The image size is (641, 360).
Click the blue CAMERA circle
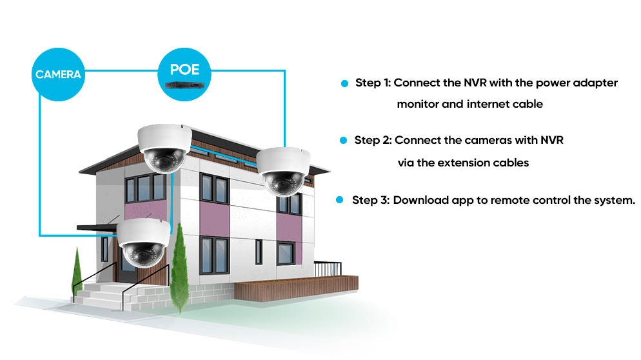click(58, 74)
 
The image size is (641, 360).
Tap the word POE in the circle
click(184, 70)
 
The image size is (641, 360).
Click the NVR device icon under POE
click(184, 85)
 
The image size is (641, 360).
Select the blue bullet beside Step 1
click(344, 83)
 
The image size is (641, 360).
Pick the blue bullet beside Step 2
click(343, 140)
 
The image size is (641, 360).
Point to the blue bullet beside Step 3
click(339, 199)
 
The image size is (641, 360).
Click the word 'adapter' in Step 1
click(595, 83)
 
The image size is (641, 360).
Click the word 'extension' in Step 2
click(463, 163)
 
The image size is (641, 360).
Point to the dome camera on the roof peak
click(164, 148)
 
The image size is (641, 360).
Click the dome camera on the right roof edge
click(283, 172)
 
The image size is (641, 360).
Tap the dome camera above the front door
click(144, 243)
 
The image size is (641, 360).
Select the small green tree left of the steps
click(77, 272)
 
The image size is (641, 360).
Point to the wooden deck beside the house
click(297, 288)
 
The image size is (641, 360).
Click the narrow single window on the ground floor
click(259, 252)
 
